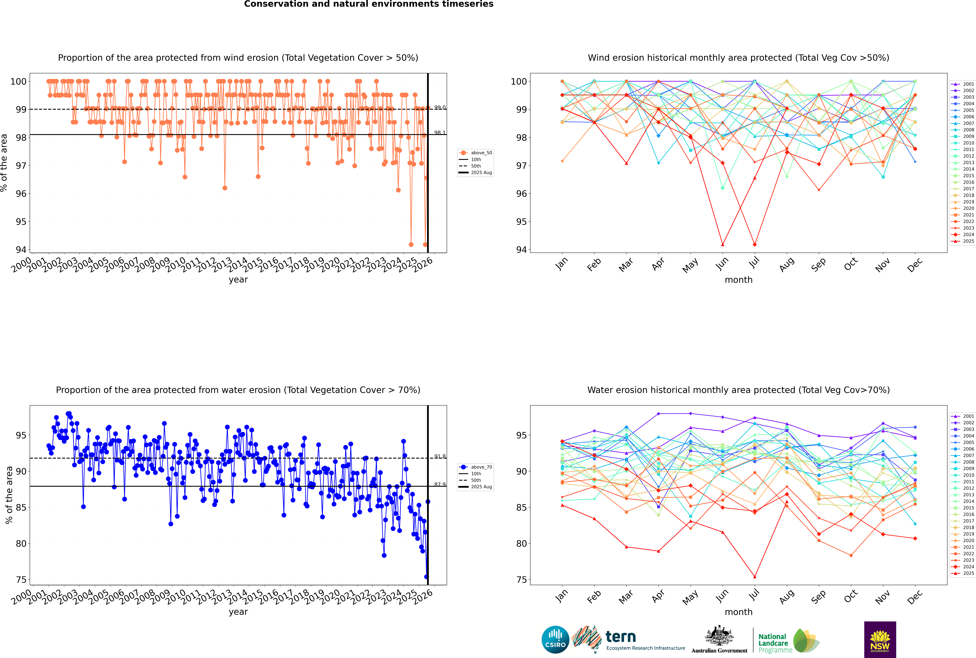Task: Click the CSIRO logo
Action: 555,640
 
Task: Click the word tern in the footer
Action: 621,637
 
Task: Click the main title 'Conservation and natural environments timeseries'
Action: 368,4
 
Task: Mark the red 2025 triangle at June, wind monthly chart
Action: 723,245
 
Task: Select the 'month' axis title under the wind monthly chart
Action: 738,280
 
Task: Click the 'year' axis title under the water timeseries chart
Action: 238,612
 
